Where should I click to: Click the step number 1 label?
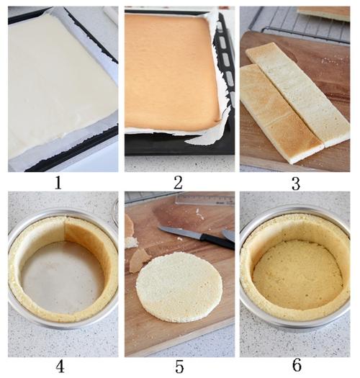[x=58, y=183]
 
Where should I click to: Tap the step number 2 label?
[x=178, y=182]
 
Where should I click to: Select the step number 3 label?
[x=296, y=184]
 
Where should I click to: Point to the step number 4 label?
[x=60, y=367]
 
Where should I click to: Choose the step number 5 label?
[x=179, y=367]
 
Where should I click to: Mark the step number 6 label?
[x=297, y=365]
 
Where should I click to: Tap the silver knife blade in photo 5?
[x=179, y=232]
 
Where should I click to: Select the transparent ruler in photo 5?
[x=204, y=199]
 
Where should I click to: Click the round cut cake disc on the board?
[x=179, y=287]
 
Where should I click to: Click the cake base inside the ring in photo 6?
[x=298, y=274]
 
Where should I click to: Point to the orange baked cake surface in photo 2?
[x=171, y=71]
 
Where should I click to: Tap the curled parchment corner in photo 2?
[x=207, y=135]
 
